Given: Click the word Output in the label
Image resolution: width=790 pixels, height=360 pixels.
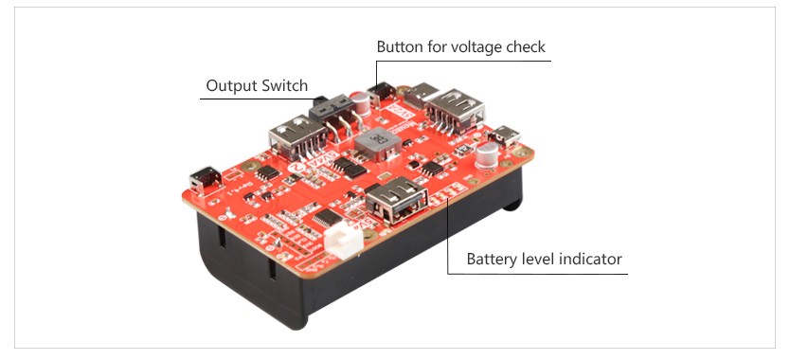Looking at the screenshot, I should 232,86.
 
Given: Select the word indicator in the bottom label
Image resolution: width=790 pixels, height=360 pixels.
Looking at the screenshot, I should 589,259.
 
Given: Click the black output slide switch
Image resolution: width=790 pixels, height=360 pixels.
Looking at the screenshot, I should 329,107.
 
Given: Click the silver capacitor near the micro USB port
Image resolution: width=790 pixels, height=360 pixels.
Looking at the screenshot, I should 488,153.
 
